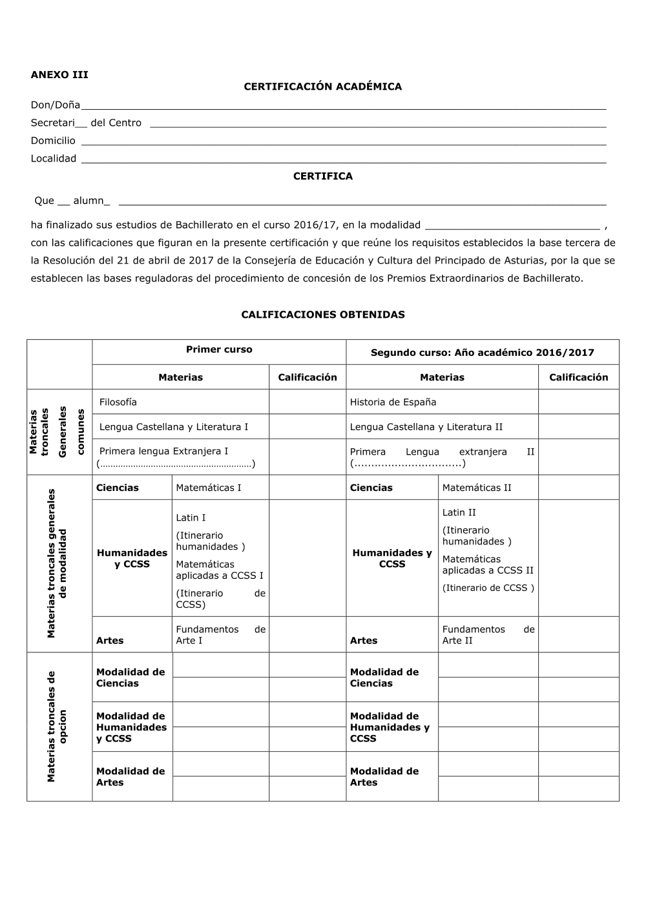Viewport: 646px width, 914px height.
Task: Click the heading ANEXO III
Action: pos(59,74)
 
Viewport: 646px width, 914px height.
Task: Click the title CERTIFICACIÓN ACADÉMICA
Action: pos(322,87)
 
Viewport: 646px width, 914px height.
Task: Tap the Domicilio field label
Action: pos(53,141)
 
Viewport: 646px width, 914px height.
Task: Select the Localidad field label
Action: pos(54,159)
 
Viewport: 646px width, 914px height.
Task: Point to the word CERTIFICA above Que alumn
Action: pos(322,176)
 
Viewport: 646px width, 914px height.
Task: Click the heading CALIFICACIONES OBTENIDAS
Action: pos(322,315)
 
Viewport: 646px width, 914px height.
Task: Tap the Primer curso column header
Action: pos(219,349)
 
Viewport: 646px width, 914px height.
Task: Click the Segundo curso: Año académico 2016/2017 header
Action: pos(482,353)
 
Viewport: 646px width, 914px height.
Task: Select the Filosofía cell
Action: pos(118,402)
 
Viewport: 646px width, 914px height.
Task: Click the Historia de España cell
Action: pos(393,402)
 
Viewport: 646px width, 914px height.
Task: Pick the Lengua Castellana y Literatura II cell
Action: pos(426,427)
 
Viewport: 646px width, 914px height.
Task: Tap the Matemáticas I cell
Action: pos(208,488)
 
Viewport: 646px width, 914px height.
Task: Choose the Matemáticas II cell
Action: pos(477,488)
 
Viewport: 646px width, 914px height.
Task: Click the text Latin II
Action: pos(459,512)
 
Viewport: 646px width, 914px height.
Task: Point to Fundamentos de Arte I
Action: pos(220,635)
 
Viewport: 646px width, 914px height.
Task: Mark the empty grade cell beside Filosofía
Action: pos(307,402)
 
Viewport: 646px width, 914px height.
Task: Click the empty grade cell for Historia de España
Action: pos(578,402)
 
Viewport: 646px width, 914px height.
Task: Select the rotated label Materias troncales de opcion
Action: pos(57,727)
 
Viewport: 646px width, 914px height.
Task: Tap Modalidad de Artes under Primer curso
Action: pos(130,776)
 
